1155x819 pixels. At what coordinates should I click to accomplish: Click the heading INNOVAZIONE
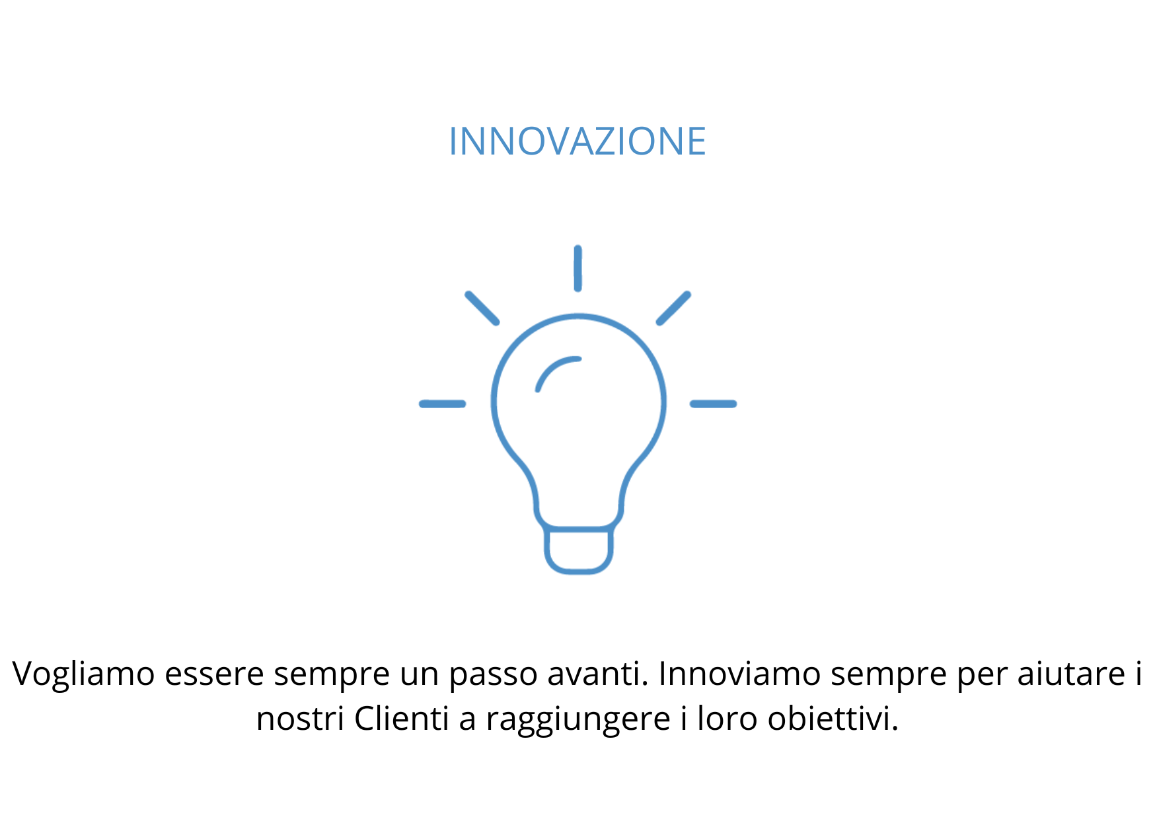pos(577,141)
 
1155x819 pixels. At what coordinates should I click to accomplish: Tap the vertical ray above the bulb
pos(577,268)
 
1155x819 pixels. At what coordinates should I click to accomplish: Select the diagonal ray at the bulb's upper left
pos(482,308)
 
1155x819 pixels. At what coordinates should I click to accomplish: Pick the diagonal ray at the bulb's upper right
pos(673,308)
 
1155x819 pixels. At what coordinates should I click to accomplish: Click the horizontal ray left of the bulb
pos(442,404)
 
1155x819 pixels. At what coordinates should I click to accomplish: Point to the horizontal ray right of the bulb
pos(713,404)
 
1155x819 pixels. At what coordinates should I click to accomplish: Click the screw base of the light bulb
pos(578,550)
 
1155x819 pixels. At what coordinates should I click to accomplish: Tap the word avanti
pos(593,674)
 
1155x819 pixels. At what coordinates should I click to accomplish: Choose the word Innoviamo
pos(739,674)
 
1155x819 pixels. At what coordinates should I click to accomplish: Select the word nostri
pos(300,719)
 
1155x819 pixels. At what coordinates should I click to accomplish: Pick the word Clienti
pos(402,718)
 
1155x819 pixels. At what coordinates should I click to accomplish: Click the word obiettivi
pos(832,718)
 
